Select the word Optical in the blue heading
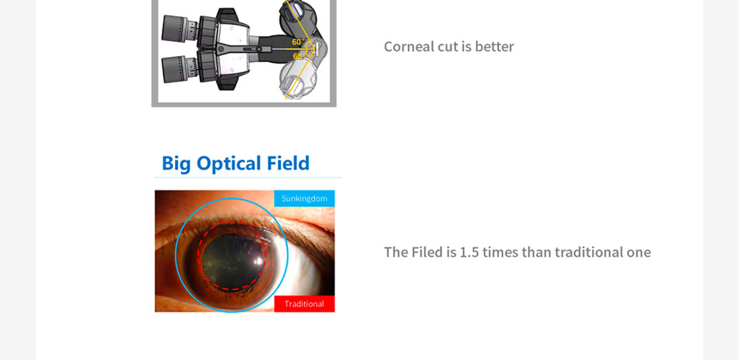coord(229,164)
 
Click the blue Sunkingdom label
coord(304,198)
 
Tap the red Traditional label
coord(304,304)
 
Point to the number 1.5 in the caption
coord(469,252)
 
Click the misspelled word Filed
coord(427,252)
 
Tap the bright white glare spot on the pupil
coord(257,260)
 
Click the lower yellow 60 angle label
coord(297,57)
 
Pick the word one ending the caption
coord(638,253)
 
